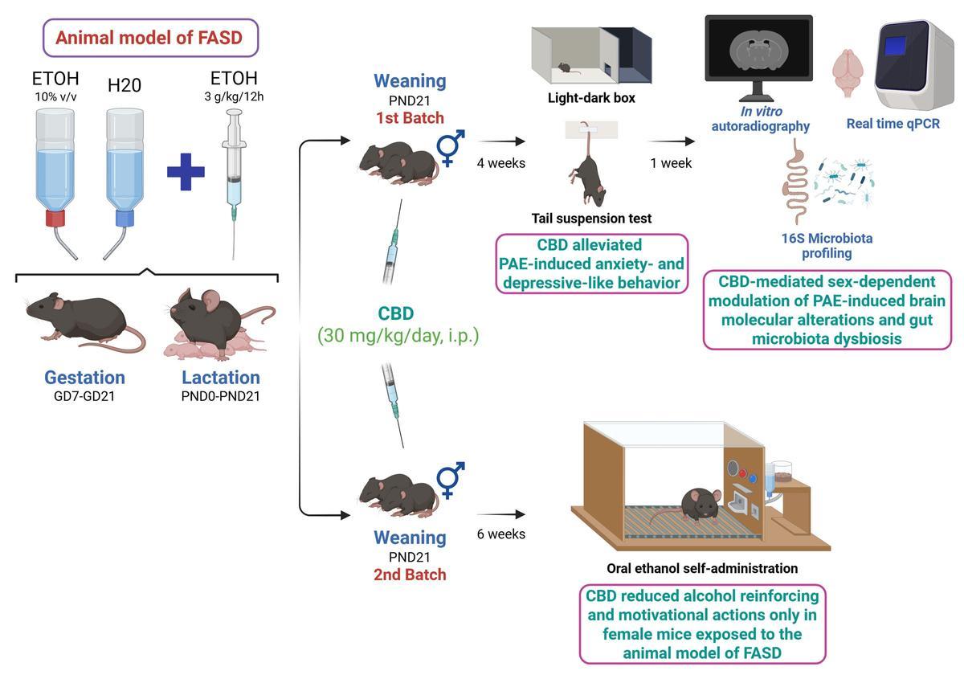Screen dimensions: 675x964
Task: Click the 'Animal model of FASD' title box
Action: click(150, 38)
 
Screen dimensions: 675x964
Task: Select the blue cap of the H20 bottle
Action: click(124, 218)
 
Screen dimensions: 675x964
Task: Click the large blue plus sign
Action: click(186, 172)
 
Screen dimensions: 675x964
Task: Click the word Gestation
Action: click(84, 377)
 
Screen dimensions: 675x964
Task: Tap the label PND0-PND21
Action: click(220, 396)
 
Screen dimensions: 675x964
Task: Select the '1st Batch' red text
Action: click(410, 118)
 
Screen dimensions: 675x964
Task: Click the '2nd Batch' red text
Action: click(410, 575)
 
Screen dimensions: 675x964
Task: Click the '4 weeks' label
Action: click(500, 163)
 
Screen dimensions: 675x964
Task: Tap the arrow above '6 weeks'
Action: click(500, 513)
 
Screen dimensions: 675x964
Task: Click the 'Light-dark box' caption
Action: click(591, 98)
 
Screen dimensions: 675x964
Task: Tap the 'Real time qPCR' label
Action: click(893, 124)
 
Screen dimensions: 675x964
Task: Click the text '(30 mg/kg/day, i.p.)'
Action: click(398, 335)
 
